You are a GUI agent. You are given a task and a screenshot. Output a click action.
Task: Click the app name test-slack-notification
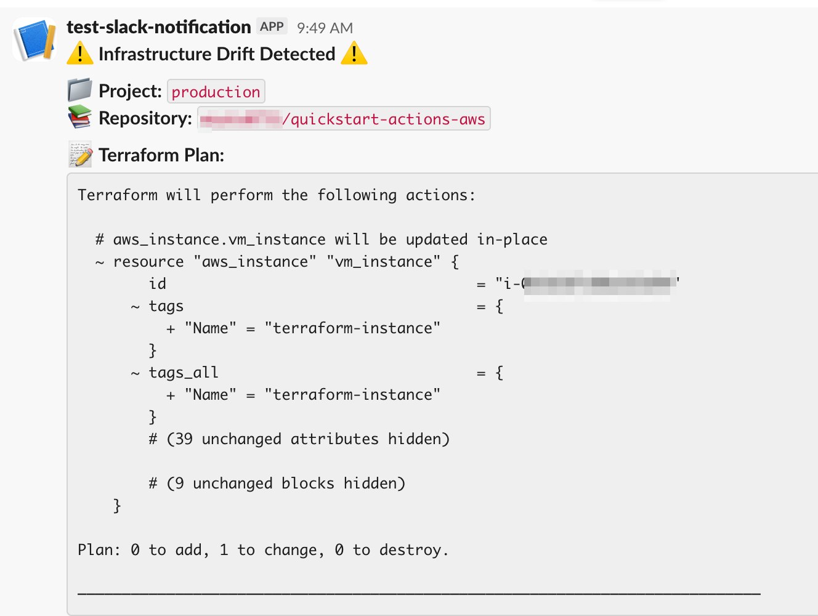(x=159, y=27)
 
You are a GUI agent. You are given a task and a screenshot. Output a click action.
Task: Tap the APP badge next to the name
(x=272, y=26)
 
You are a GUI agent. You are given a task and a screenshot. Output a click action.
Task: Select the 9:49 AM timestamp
(x=325, y=28)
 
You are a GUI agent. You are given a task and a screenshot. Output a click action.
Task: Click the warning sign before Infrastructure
(x=80, y=54)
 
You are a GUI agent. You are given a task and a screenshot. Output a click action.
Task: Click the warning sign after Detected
(x=354, y=54)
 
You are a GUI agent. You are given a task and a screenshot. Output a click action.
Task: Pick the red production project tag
(x=216, y=92)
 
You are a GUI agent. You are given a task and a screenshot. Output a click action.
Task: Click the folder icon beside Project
(x=79, y=90)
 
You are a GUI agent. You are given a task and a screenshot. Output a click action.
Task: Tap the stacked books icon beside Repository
(x=79, y=117)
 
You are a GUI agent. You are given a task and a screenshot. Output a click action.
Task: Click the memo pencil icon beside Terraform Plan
(x=80, y=155)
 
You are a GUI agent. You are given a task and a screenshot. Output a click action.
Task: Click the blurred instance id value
(x=597, y=283)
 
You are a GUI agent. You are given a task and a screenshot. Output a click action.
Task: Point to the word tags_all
(x=184, y=373)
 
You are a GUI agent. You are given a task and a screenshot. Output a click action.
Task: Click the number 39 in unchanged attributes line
(x=184, y=439)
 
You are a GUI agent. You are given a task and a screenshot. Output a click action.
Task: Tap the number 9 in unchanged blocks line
(x=179, y=484)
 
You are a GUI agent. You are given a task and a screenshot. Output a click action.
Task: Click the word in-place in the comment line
(x=512, y=240)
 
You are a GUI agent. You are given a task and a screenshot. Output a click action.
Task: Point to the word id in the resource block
(x=158, y=284)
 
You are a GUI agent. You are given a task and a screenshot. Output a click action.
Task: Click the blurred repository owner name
(x=240, y=119)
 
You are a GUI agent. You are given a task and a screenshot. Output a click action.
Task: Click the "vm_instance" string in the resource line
(x=384, y=262)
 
